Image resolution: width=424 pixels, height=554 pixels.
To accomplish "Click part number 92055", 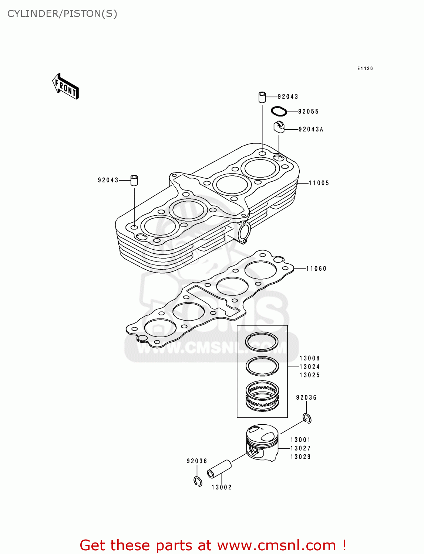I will [308, 112].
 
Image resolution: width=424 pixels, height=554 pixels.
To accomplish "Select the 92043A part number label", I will [311, 129].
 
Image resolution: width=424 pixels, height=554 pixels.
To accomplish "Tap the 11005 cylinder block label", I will [319, 183].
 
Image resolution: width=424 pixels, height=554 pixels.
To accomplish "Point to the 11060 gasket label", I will [316, 269].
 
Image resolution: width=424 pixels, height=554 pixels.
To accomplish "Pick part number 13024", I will [310, 367].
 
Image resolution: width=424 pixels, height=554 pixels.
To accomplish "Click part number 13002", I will [221, 487].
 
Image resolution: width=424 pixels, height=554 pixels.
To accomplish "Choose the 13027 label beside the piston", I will [300, 448].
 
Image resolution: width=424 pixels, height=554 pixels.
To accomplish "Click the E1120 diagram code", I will [365, 69].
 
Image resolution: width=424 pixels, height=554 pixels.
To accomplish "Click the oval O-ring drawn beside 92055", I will [279, 111].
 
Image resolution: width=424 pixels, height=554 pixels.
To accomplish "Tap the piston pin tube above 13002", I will [219, 469].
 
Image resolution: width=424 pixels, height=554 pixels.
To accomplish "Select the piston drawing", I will [262, 442].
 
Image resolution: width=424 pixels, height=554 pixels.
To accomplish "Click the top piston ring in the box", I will [262, 342].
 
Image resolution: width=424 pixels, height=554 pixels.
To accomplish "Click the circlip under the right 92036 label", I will [307, 418].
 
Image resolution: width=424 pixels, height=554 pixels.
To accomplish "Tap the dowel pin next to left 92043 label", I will [134, 180].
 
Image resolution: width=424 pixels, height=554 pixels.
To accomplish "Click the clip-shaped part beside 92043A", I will [279, 126].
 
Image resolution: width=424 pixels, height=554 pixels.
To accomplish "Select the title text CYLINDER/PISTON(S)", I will [62, 14].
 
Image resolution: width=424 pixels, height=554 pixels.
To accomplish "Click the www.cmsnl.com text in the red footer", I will [277, 545].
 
